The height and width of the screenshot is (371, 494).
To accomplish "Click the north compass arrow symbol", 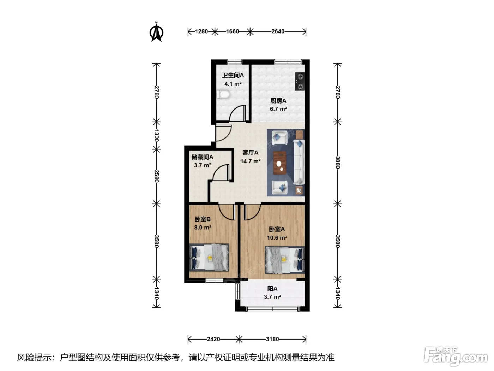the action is [156, 32].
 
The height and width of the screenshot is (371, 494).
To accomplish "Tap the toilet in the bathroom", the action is [223, 94].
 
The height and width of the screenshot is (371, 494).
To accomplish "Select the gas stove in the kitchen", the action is [300, 81].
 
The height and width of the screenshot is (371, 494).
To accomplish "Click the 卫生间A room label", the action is [233, 75].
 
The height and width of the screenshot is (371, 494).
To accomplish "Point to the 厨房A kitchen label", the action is [278, 101].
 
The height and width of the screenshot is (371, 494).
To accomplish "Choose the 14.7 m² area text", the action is [250, 161].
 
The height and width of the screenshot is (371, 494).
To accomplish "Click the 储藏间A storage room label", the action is [202, 157].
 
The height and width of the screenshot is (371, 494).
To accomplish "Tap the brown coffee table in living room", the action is [280, 163].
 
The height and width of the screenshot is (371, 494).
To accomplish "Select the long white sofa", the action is [299, 162].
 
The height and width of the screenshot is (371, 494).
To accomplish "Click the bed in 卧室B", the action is [209, 257].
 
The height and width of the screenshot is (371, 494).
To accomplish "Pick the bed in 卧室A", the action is [285, 260].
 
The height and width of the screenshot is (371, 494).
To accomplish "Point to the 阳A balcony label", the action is [272, 289].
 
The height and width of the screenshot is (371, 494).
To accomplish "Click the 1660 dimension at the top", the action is [233, 31].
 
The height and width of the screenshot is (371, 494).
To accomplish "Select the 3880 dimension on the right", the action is [337, 162].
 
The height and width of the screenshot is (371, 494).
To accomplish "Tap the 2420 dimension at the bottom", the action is [213, 339].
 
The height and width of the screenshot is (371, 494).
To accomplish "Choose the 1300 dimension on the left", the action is [156, 135].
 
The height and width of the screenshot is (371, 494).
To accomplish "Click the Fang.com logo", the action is [456, 357].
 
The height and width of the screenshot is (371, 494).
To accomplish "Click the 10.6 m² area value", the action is [277, 238].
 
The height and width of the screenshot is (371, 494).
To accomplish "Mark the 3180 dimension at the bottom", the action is [272, 339].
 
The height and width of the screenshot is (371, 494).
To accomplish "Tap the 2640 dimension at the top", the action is [278, 31].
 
